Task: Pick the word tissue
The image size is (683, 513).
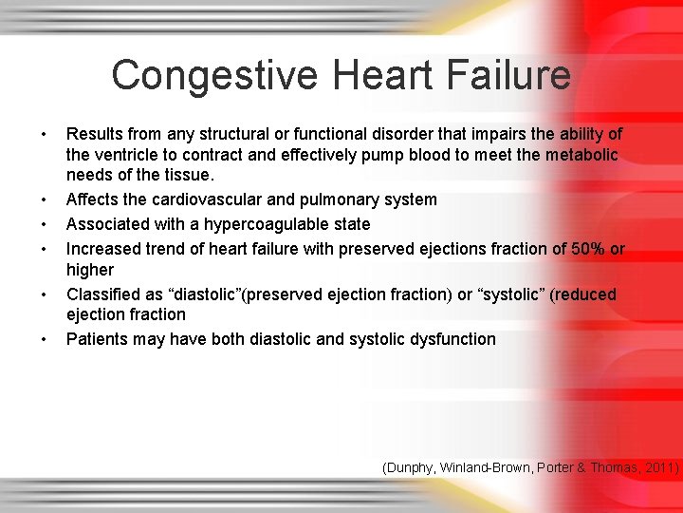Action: point(189,175)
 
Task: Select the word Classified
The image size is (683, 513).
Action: point(103,294)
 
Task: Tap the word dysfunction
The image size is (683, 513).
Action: point(452,339)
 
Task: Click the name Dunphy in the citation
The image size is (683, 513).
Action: point(412,467)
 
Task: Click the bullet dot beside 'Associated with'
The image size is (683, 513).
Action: point(45,225)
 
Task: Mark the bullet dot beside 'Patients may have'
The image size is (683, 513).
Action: point(45,340)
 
